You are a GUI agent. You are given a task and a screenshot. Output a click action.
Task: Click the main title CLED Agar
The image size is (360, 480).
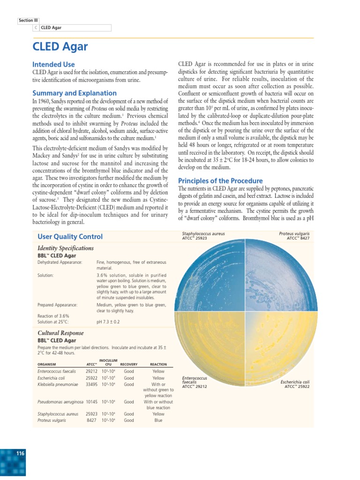coord(60,47)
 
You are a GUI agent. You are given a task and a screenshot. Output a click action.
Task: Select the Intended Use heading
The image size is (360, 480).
coord(53,64)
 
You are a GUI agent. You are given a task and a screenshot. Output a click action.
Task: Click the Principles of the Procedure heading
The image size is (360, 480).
coord(220,181)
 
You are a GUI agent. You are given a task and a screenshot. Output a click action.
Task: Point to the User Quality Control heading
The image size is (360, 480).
coord(70,237)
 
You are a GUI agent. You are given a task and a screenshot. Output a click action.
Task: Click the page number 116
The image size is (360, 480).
coord(20,453)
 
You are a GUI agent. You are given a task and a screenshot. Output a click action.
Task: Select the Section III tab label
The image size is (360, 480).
coord(29,21)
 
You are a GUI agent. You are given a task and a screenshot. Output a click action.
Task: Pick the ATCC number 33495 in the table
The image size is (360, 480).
coord(91,384)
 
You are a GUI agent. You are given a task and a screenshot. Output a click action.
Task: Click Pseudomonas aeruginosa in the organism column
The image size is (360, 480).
coord(60,402)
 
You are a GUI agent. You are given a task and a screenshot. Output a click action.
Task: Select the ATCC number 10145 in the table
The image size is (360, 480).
coord(91,402)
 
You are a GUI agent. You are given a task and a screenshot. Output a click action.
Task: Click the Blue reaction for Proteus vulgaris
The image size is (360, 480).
coord(158,420)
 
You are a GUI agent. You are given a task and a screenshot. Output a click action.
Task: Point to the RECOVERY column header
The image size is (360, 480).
coord(129,364)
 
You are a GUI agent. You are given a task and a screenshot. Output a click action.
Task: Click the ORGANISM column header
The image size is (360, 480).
coord(47,364)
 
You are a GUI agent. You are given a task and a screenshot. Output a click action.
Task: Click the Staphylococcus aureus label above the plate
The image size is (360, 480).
coord(203,233)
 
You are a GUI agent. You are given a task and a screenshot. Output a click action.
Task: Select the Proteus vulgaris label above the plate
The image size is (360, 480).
coord(294,233)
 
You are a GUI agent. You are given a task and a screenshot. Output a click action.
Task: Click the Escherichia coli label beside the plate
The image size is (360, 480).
coord(295,382)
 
